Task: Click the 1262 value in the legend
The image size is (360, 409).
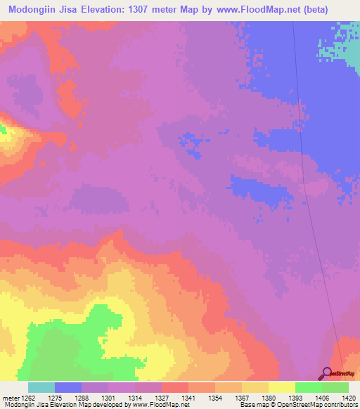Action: tap(26, 397)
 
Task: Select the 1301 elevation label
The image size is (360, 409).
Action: tap(108, 397)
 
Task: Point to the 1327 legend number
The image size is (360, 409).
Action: tap(162, 397)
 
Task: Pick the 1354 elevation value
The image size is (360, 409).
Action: tap(216, 397)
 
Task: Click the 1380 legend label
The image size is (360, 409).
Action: tap(269, 397)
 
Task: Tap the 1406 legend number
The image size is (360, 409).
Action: tap(322, 397)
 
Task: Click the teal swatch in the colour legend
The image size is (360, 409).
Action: tap(41, 387)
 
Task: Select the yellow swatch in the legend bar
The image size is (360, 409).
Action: tap(281, 387)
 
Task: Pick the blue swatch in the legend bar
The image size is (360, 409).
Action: tap(67, 387)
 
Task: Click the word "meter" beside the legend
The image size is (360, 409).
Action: tap(10, 397)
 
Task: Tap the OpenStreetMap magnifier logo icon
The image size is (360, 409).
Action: tap(326, 373)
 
